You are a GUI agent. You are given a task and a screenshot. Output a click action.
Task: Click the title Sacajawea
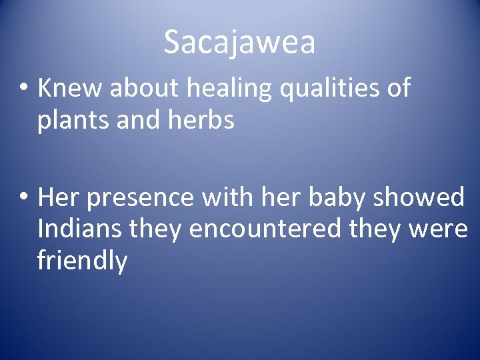239,43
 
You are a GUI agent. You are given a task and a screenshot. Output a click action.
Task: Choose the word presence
141,199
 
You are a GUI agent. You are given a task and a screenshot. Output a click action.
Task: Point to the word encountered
265,229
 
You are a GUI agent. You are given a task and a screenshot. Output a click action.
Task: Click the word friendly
82,261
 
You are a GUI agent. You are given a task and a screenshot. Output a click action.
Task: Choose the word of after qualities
397,88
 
